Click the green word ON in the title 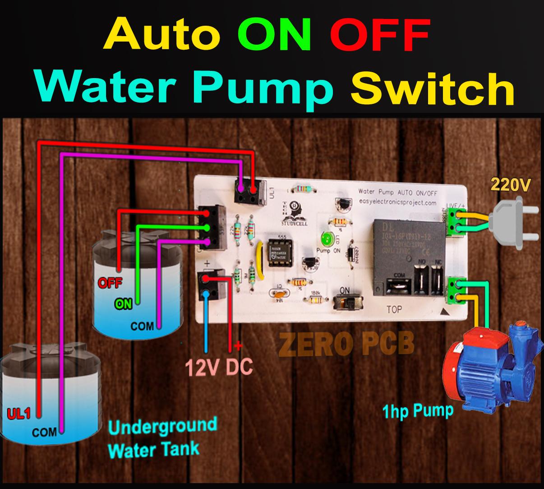(x=274, y=35)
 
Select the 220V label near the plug (x=510, y=185)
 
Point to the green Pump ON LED (x=326, y=238)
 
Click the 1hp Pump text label (x=417, y=411)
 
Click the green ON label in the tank (x=123, y=304)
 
